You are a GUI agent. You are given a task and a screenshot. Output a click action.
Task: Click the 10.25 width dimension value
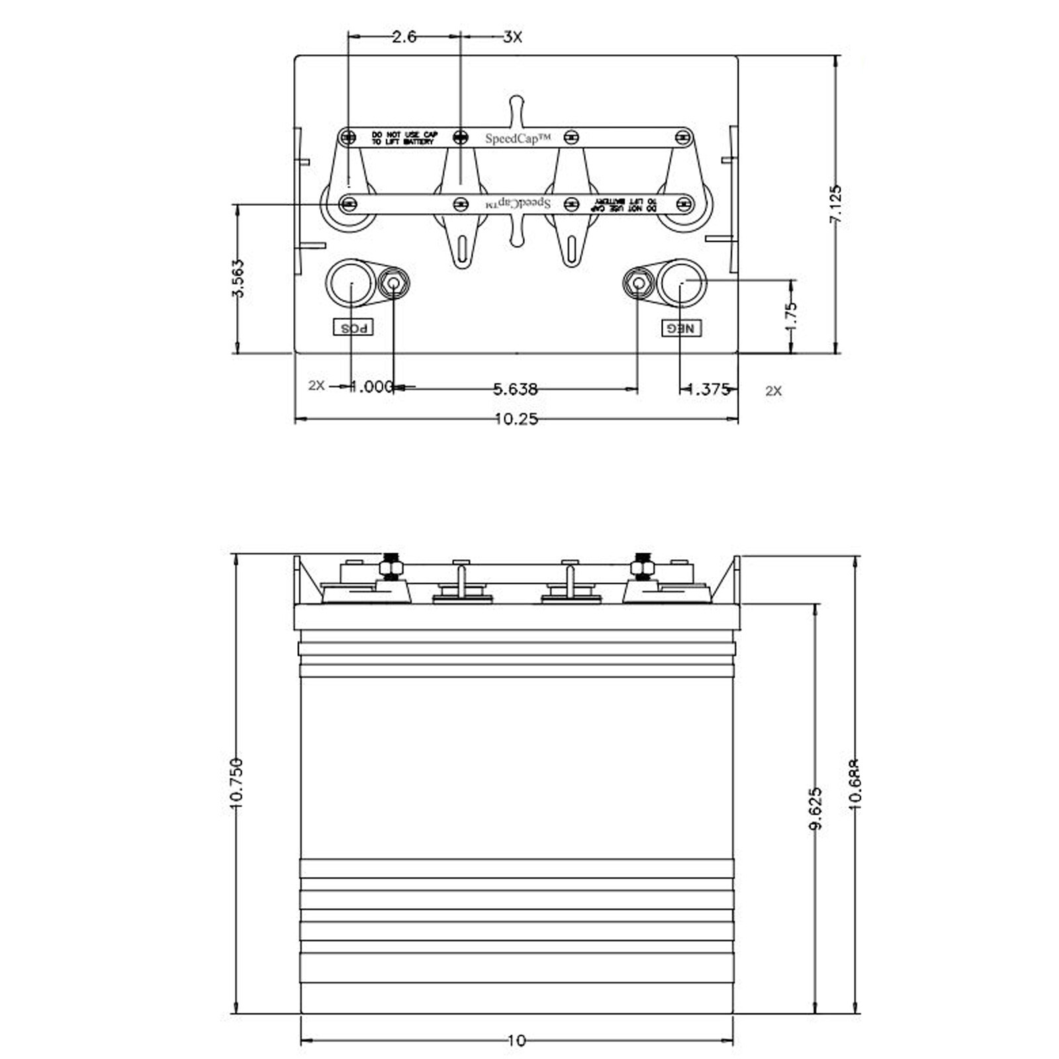point(516,419)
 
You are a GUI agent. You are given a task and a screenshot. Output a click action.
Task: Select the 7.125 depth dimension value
point(836,204)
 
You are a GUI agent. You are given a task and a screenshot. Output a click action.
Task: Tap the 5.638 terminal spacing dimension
point(516,389)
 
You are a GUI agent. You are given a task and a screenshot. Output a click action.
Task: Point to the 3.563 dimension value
point(238,279)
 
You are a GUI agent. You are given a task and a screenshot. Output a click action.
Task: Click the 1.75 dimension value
point(791,316)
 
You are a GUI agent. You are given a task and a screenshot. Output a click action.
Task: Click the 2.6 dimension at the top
point(404,37)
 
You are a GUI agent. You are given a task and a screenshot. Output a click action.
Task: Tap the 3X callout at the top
point(512,37)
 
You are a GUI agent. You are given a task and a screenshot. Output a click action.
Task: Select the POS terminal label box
point(353,328)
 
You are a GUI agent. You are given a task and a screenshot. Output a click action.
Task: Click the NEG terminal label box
point(682,328)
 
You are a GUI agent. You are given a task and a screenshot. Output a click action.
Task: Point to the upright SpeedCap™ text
point(518,138)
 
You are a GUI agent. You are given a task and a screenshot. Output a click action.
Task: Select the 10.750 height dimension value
point(237,783)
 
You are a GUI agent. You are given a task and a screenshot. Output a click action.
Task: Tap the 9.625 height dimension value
point(816,807)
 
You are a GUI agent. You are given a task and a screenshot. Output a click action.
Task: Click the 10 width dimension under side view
point(516,1041)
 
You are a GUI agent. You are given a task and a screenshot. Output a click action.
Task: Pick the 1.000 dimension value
point(371,387)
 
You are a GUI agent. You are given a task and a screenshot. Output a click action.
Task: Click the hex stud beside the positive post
point(394,284)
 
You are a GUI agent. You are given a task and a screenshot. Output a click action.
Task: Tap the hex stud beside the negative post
point(638,284)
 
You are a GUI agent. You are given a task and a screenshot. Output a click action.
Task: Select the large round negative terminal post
point(682,283)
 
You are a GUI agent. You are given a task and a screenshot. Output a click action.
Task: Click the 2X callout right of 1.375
point(773,391)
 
